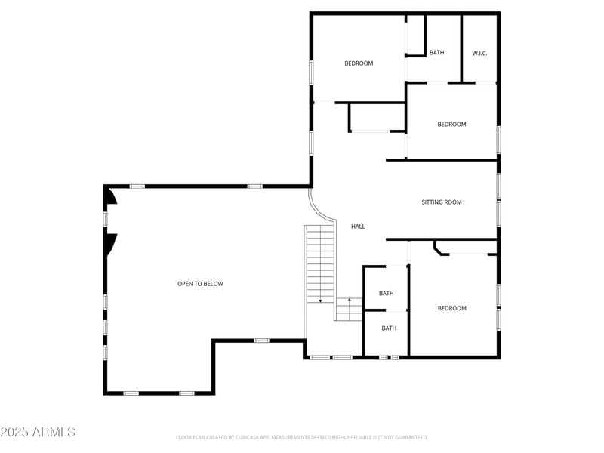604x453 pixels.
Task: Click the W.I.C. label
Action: tap(479, 53)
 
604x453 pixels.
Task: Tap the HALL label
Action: tap(359, 226)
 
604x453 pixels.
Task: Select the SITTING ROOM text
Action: tap(442, 202)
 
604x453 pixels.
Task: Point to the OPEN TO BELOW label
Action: tap(200, 284)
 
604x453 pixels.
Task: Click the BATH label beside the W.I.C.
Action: tap(437, 53)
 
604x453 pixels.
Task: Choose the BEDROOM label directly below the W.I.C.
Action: tap(451, 125)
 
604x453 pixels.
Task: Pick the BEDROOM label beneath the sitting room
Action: tap(452, 308)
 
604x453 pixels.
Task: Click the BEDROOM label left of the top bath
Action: tap(359, 63)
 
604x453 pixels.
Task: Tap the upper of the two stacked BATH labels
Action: tap(387, 293)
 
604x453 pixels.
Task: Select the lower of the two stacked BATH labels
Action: tap(389, 328)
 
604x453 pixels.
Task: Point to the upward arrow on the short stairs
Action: tap(349, 302)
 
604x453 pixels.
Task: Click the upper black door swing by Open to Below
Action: tap(111, 196)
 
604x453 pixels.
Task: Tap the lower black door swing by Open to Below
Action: tap(111, 243)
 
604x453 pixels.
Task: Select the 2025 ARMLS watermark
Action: tap(38, 432)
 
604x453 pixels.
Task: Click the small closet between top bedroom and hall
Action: tap(377, 118)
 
